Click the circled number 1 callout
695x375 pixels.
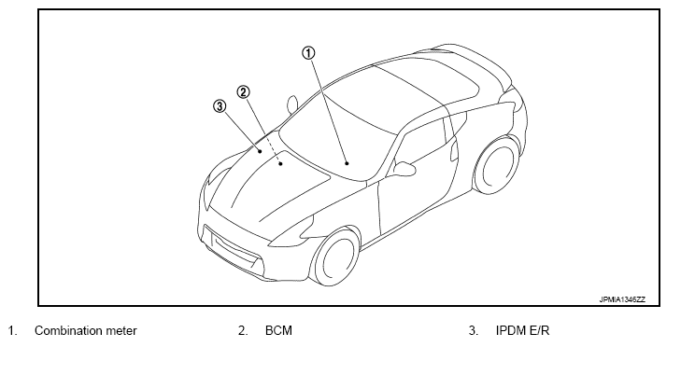308,53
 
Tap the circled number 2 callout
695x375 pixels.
243,92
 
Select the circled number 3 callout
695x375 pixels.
220,106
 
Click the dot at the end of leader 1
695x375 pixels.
347,163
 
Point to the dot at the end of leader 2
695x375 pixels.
281,164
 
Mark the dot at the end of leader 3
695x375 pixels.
260,152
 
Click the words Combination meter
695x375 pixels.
86,331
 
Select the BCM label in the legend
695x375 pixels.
278,331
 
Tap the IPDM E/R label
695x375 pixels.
522,331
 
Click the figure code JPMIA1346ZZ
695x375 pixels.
622,299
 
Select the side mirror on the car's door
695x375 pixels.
404,169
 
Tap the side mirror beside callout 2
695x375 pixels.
292,104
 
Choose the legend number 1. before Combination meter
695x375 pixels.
12,331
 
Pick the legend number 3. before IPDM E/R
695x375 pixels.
474,331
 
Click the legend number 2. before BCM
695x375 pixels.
243,331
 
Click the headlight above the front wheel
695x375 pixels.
292,232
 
